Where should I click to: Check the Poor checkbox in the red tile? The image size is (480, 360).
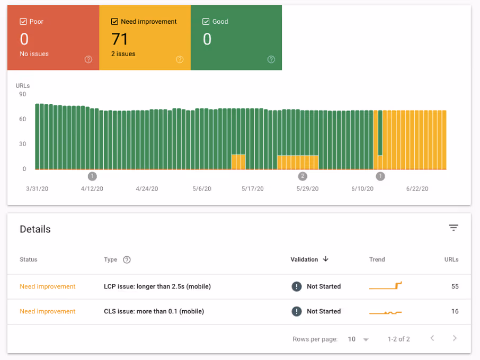coord(23,22)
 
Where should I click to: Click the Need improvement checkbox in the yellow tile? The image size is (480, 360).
coord(114,22)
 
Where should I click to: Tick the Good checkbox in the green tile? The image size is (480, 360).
coord(206,22)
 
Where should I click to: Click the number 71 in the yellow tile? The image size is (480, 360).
coord(120,39)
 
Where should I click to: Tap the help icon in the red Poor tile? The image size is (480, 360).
coord(88,59)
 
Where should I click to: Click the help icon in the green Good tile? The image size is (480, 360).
coord(271,59)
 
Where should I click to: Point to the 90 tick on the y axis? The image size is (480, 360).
coord(23,94)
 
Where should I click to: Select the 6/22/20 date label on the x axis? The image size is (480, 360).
coord(417,188)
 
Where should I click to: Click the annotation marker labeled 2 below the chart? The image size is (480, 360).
coord(303,176)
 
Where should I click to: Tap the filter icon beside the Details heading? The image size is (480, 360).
coord(453,228)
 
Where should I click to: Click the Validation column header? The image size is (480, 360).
coord(304,259)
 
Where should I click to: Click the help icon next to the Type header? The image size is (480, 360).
coord(127,260)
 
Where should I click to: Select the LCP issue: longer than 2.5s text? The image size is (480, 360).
coord(157,286)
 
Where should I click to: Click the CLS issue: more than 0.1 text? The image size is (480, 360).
coord(154,311)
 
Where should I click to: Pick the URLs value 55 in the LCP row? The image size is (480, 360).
coord(455,286)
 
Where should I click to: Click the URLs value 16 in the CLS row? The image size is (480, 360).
coord(455,311)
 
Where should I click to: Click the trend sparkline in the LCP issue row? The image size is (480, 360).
coord(386,286)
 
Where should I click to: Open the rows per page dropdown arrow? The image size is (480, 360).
coord(366,339)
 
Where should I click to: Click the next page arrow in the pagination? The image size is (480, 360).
coord(455,339)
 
